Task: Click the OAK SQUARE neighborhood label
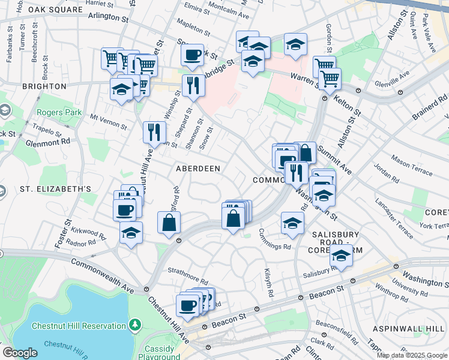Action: (55, 10)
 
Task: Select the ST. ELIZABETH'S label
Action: (55, 189)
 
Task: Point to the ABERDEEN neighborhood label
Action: (197, 169)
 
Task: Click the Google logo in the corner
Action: (20, 353)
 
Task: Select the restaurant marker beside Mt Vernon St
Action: (154, 131)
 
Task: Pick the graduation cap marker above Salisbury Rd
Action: (341, 256)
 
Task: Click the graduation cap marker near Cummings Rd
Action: (292, 223)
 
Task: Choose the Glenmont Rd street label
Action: (49, 142)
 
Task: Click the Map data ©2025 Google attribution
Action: (411, 355)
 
